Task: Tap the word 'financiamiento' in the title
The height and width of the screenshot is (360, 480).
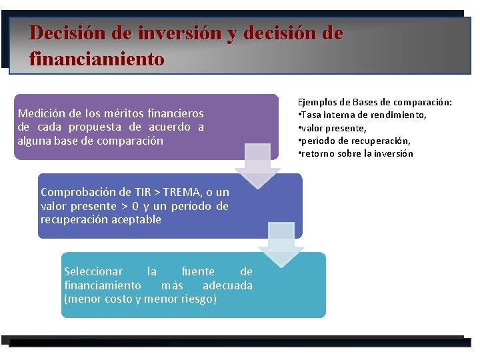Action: coord(97,59)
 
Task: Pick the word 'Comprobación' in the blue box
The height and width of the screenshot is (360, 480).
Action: coord(75,192)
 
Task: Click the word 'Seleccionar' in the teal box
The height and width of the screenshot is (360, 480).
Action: coord(93,271)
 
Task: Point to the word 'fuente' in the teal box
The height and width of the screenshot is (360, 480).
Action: coord(198,271)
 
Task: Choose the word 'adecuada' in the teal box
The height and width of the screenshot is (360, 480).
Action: coord(227,285)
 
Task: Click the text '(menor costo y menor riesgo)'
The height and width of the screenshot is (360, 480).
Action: coord(140,299)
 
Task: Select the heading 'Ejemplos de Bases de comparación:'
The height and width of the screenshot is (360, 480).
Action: coord(375,102)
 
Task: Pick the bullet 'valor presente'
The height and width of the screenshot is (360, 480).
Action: coord(333,128)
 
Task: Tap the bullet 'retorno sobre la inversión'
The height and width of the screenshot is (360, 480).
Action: coord(356,153)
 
